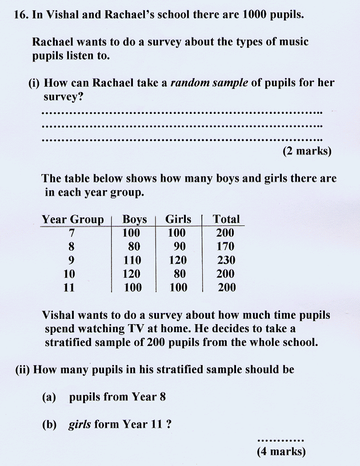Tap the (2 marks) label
[x=307, y=151]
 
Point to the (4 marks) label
[x=281, y=452]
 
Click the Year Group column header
[x=72, y=219]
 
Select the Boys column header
[x=135, y=219]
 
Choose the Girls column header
[x=178, y=219]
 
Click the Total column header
[x=226, y=219]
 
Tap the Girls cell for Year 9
[x=178, y=260]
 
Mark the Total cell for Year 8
[x=225, y=246]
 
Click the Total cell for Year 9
[x=226, y=260]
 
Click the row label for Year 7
[x=72, y=233]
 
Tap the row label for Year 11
[x=69, y=288]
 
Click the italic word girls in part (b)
[x=80, y=425]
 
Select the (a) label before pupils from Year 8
[x=49, y=397]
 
